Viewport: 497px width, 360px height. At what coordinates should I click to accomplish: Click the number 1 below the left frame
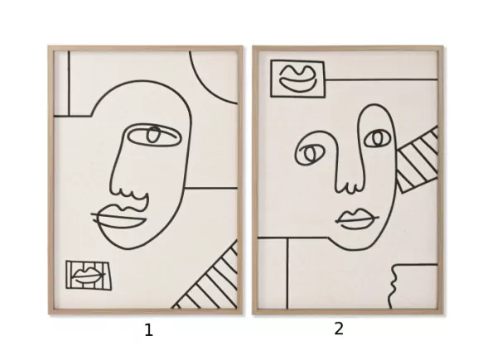(148, 330)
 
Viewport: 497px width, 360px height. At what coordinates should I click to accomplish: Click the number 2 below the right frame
(339, 329)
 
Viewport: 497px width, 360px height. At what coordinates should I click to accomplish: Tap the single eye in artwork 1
(154, 135)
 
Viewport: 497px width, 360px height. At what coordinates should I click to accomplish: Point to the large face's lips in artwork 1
(120, 216)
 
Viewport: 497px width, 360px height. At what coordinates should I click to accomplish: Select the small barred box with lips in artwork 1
(89, 275)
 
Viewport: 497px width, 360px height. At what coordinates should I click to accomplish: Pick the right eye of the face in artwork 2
(377, 138)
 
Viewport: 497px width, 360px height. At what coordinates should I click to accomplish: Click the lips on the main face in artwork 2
(357, 218)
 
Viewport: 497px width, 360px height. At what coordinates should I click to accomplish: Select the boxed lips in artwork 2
(297, 79)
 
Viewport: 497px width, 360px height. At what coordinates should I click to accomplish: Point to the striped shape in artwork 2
(417, 160)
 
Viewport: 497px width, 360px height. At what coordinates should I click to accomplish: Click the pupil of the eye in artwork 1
(153, 135)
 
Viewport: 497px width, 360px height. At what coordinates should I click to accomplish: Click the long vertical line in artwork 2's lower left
(287, 273)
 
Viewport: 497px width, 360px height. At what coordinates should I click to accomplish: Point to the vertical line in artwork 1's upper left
(69, 84)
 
